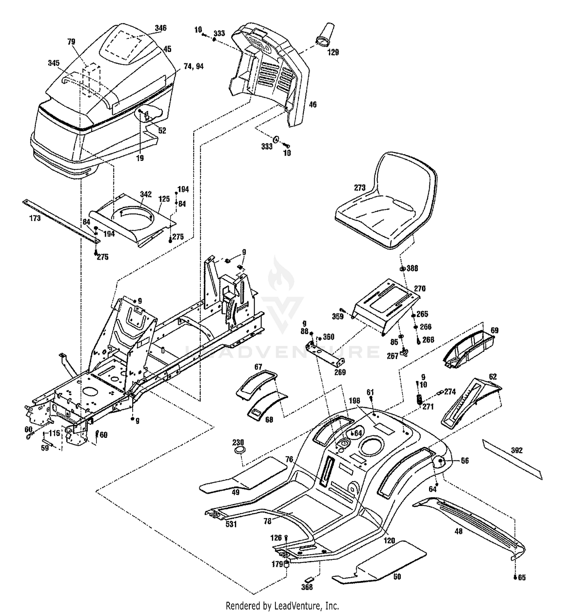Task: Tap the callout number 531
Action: click(x=231, y=524)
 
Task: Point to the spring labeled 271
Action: click(x=418, y=398)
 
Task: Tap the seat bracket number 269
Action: click(x=340, y=373)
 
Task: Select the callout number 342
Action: click(x=146, y=194)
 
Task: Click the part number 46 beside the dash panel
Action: click(x=312, y=104)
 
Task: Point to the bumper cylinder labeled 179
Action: click(x=286, y=564)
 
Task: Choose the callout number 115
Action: click(x=55, y=434)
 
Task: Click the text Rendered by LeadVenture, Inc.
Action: click(x=282, y=606)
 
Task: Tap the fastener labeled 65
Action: click(x=515, y=577)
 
